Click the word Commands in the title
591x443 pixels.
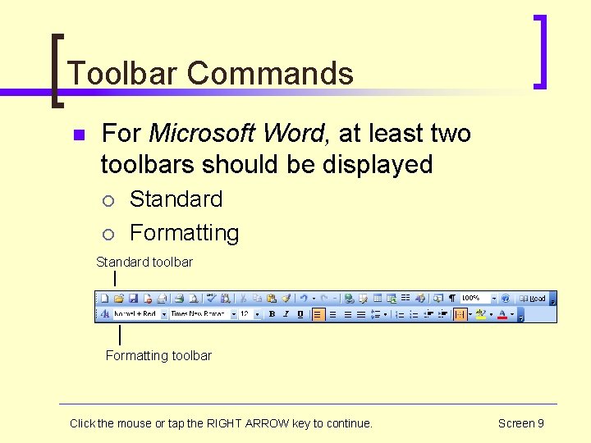(270, 73)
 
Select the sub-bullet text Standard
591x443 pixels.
(176, 199)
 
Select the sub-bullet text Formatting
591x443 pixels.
(184, 233)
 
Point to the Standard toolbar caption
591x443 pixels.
(144, 263)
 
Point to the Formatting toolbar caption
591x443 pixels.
(158, 355)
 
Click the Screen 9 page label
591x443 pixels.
(520, 423)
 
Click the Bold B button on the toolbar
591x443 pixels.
(272, 314)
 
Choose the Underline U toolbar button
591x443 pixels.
(300, 314)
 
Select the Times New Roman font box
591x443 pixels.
(199, 314)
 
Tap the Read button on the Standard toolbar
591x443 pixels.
(533, 299)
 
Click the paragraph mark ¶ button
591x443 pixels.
(451, 299)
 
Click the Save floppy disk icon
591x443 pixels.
(132, 299)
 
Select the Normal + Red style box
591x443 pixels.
(135, 314)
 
